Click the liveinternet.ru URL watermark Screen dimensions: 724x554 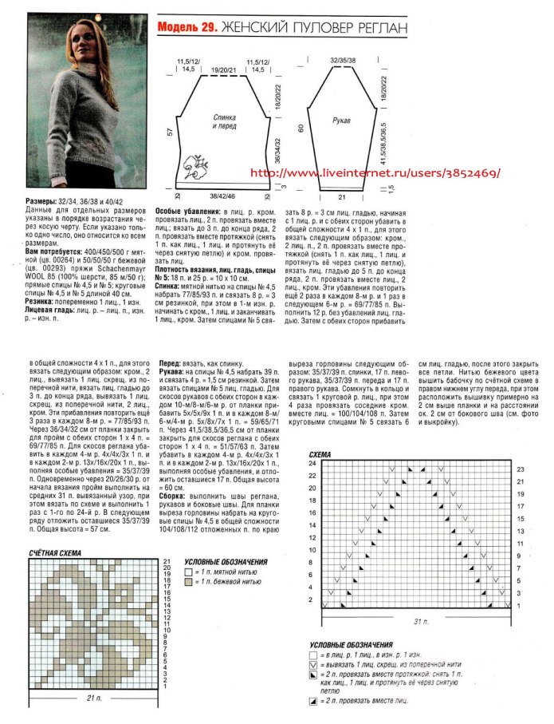coord(375,172)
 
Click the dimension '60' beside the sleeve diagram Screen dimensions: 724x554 coord(300,128)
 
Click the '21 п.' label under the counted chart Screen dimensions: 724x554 coord(94,698)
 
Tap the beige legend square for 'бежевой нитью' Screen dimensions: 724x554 coord(188,584)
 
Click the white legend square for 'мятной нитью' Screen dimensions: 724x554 coord(188,572)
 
